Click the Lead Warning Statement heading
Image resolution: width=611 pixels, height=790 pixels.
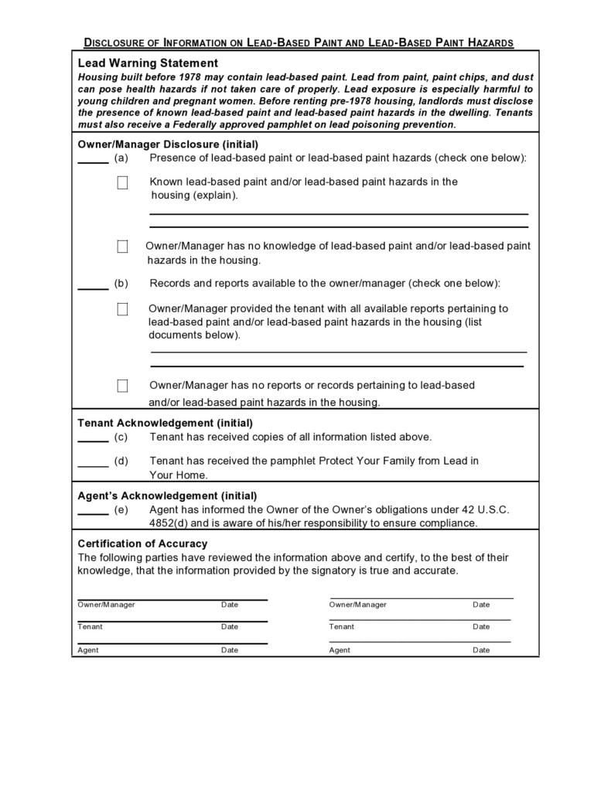point(148,63)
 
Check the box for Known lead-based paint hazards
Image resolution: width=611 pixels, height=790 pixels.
point(122,183)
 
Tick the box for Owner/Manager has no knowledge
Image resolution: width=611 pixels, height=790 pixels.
point(122,247)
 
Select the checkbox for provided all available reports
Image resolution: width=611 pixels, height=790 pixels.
point(122,309)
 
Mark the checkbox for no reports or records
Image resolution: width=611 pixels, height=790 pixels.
point(122,386)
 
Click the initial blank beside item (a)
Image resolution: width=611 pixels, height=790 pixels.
point(93,161)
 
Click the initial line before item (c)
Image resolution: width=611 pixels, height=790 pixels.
point(93,440)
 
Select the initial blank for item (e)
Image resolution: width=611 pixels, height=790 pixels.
point(93,512)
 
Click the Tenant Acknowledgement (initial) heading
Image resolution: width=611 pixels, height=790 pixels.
point(165,423)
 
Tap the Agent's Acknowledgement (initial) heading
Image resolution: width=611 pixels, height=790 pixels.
point(167,495)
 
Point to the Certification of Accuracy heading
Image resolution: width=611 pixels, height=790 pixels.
point(142,543)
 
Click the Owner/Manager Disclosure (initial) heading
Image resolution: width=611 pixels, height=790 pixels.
point(168,144)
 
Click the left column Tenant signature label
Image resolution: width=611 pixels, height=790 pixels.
point(90,627)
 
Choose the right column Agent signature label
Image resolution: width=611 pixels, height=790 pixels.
point(340,650)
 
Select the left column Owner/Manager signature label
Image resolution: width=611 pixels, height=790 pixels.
point(106,604)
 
